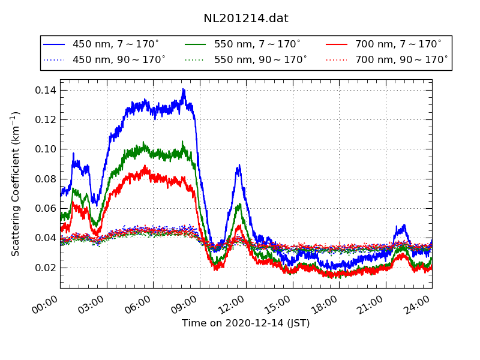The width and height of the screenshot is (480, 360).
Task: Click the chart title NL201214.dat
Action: tap(246, 19)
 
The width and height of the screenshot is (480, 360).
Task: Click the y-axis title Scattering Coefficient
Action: tap(16, 184)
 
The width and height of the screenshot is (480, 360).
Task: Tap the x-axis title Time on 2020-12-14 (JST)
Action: tap(246, 323)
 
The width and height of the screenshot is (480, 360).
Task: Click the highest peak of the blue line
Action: tap(184, 89)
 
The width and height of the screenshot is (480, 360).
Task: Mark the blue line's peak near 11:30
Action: tap(239, 165)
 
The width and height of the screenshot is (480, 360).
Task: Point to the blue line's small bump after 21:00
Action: tap(404, 226)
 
